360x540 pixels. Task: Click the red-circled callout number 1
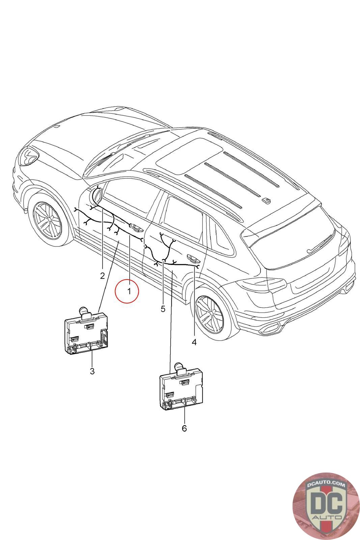pos(129,291)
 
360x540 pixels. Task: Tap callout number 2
pos(103,276)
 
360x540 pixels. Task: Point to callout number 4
pos(194,342)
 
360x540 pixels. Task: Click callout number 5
pos(163,309)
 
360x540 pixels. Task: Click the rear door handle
pos(193,259)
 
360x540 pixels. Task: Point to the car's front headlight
pos(28,156)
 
